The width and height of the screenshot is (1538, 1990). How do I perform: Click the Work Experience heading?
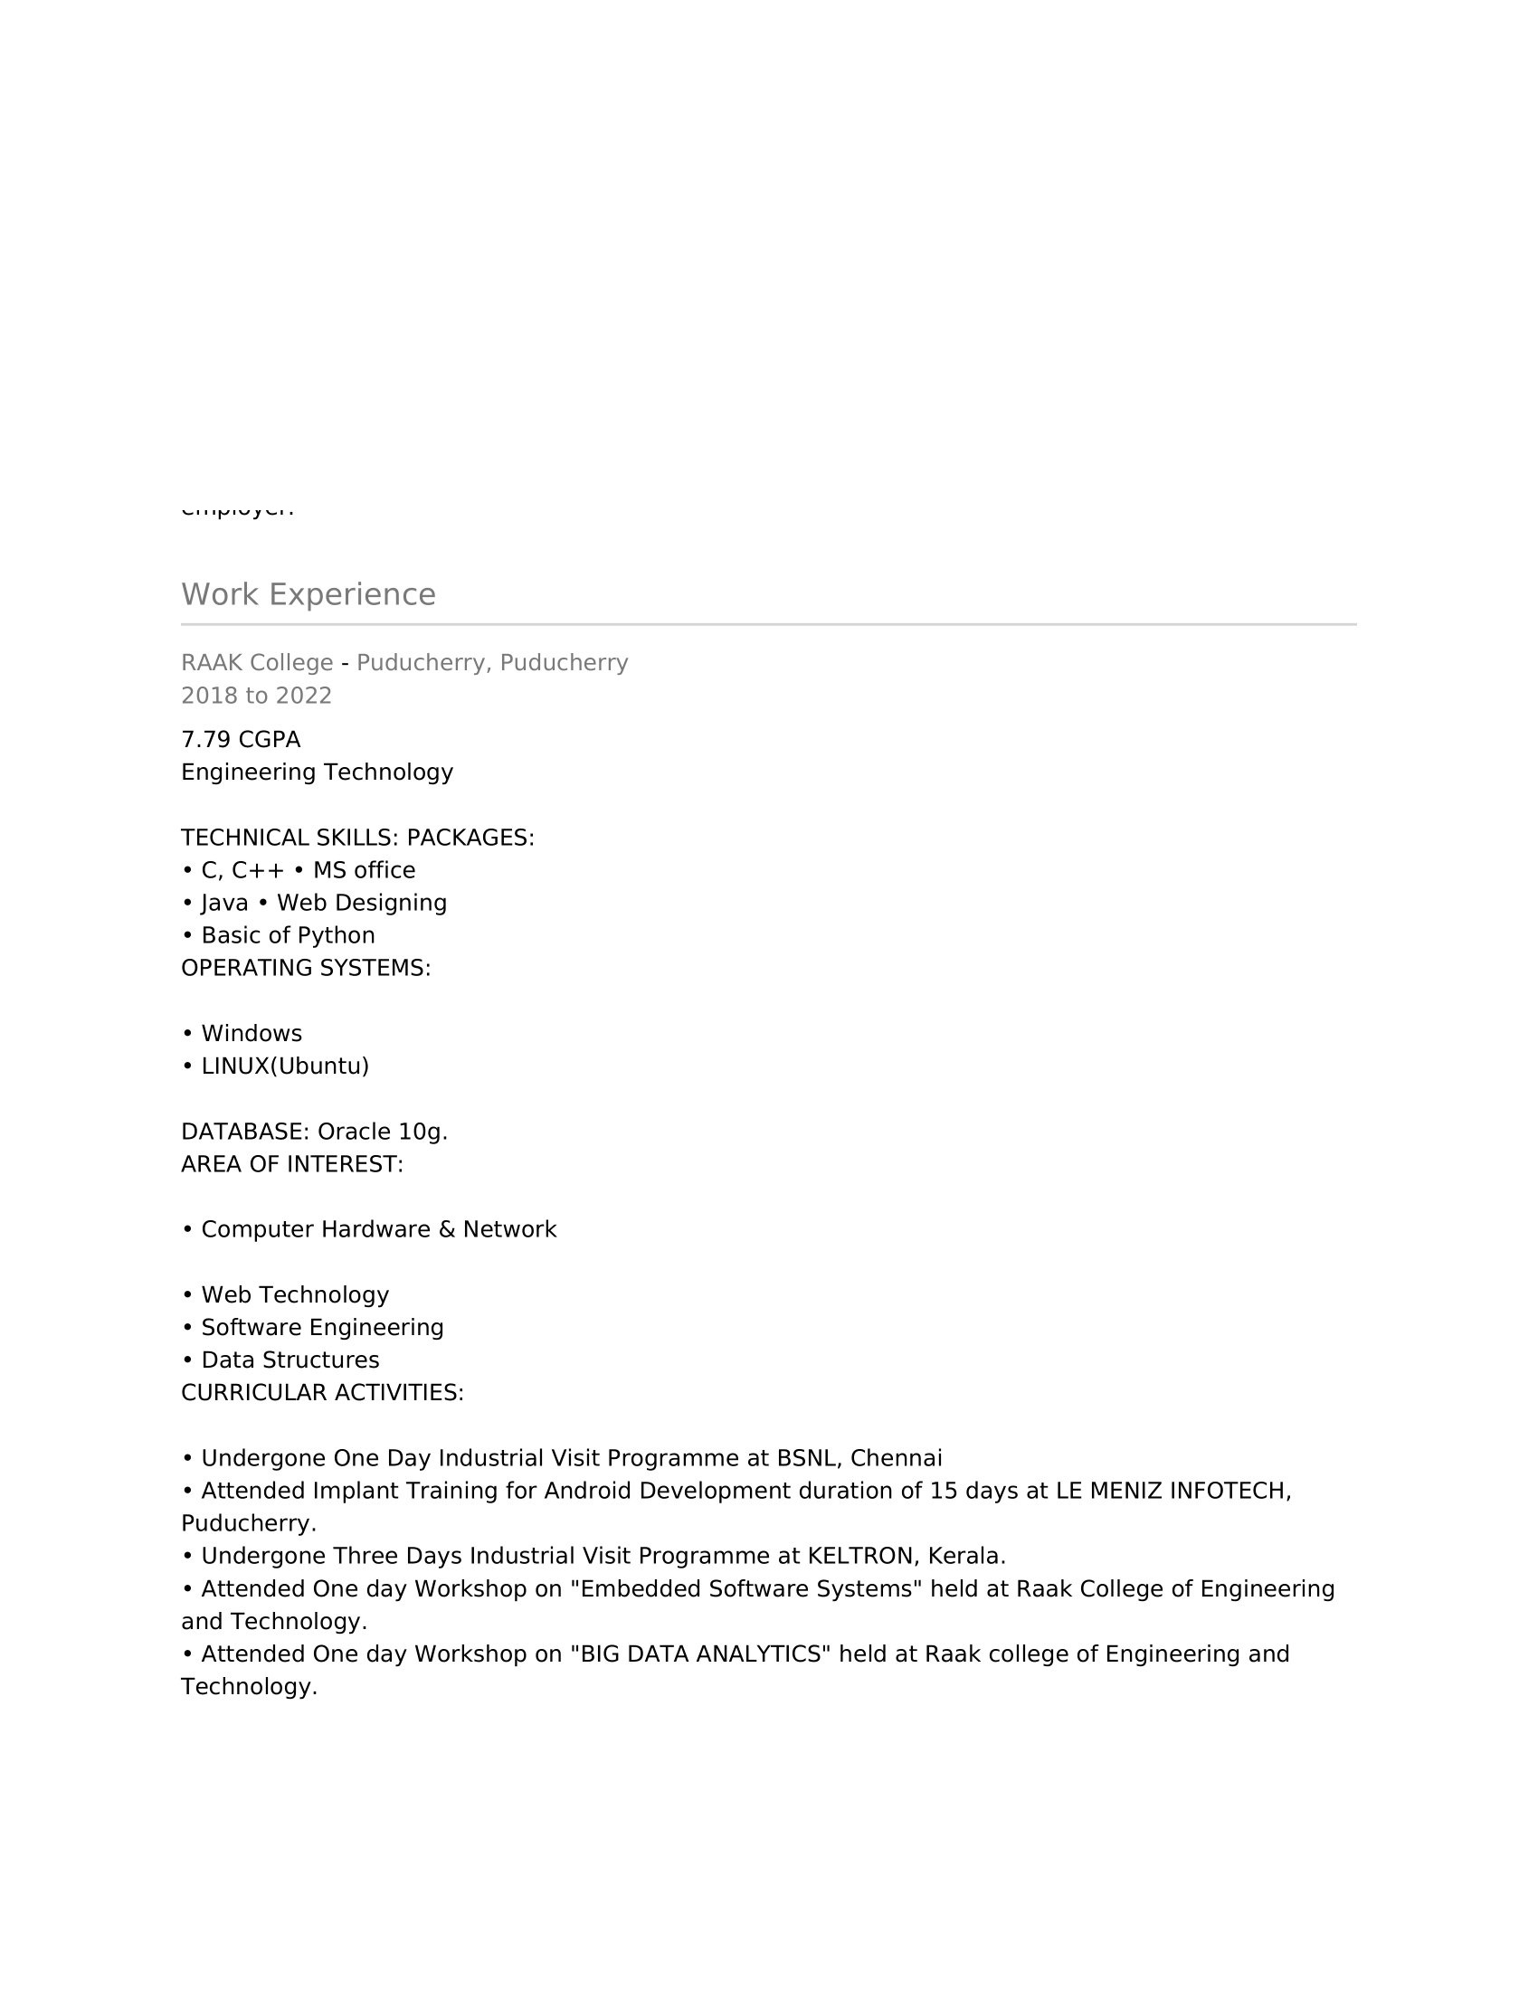point(308,594)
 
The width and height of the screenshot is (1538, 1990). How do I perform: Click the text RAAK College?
point(257,662)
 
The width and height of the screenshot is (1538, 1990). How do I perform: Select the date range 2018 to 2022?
point(256,696)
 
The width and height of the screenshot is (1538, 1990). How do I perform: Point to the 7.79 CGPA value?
point(241,739)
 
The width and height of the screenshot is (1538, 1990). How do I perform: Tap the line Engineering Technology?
point(317,772)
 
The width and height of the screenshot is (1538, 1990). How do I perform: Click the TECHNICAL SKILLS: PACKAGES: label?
point(357,838)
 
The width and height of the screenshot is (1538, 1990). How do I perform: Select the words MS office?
point(364,870)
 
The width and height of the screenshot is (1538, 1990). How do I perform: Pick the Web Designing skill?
point(362,903)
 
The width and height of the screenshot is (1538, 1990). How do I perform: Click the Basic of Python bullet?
point(287,936)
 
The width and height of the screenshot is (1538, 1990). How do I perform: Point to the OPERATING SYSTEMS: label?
point(305,968)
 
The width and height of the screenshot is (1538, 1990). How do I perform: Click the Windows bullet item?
point(252,1033)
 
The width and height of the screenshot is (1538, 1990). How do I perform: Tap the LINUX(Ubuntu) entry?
point(284,1066)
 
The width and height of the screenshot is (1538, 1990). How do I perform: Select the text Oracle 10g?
point(382,1132)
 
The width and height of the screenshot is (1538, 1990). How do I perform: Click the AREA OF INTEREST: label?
point(291,1164)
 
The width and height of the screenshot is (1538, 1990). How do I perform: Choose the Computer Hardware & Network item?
point(378,1229)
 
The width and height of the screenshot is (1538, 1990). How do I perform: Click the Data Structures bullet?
point(290,1360)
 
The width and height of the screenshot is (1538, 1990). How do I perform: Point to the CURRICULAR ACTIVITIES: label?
point(323,1392)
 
